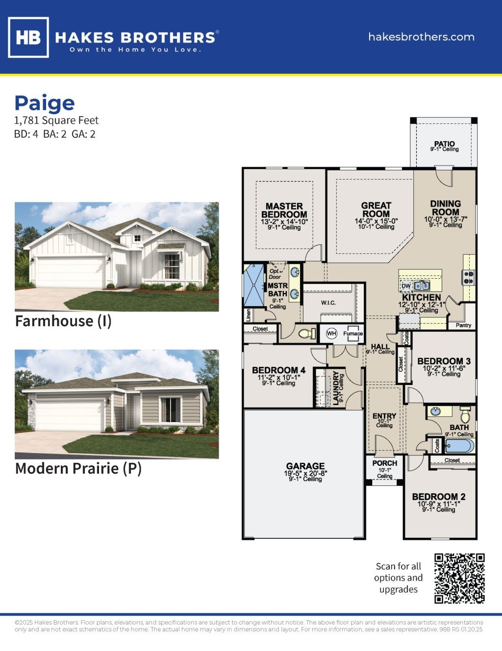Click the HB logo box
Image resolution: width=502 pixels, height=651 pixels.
coord(28,37)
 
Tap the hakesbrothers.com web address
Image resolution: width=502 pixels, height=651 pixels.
coord(421,37)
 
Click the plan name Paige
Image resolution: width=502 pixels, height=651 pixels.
coord(45,103)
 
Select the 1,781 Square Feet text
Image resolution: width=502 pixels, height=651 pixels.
coord(56,121)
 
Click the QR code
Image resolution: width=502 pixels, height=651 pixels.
coord(459,579)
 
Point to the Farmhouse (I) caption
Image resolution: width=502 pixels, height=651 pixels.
coord(63,321)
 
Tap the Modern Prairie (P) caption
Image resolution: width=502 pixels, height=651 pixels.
coord(78,469)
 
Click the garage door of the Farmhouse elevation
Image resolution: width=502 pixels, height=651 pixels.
coord(71,272)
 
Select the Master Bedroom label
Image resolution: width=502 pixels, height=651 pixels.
coord(284,210)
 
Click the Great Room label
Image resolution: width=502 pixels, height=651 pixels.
coord(376,210)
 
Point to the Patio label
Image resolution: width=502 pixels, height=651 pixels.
coord(444,144)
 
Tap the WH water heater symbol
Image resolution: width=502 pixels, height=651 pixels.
coord(331,334)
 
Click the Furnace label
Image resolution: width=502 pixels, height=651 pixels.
coord(353,334)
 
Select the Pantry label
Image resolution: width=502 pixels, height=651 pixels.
coord(463,325)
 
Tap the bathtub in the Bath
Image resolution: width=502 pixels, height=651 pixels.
coord(459,446)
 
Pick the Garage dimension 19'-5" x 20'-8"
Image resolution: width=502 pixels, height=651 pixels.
coord(305,473)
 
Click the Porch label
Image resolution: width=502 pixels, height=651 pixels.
coord(385,463)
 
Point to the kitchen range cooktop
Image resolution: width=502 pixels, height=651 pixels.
coord(469,278)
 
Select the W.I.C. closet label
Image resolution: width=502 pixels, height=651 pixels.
coord(328,303)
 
